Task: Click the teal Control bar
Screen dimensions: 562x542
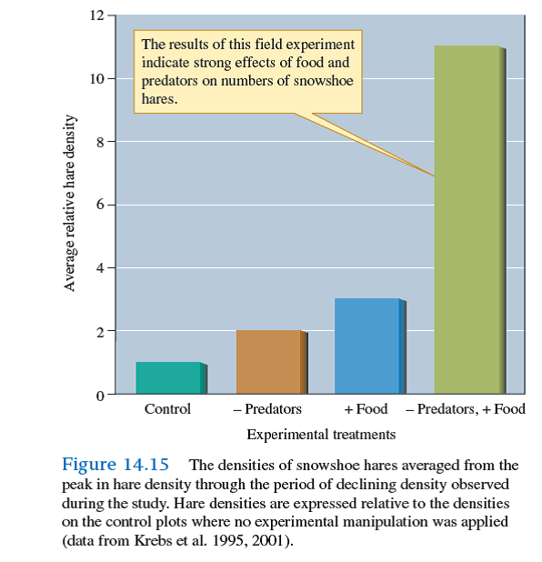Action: (x=168, y=378)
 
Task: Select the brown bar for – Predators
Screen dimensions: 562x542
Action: (x=268, y=362)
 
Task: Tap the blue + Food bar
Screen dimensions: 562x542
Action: (x=367, y=346)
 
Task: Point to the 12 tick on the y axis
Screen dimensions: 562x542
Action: (x=96, y=15)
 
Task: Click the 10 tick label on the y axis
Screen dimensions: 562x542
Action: (x=96, y=78)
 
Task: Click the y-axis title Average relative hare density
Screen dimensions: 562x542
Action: (x=69, y=205)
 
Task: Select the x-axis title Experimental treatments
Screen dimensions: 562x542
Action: (x=321, y=434)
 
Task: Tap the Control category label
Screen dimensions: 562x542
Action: (x=168, y=409)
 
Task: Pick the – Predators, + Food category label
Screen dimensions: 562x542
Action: (x=466, y=409)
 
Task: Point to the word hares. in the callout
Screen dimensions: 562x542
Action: (x=160, y=98)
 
